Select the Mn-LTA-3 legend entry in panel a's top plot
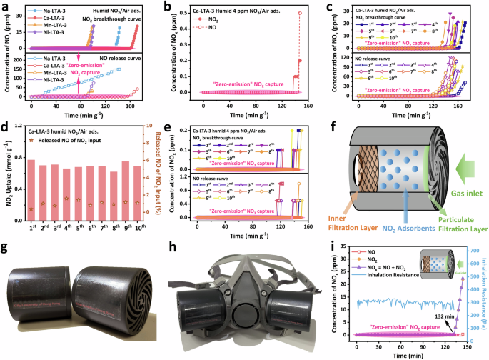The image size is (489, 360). point(47,24)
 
